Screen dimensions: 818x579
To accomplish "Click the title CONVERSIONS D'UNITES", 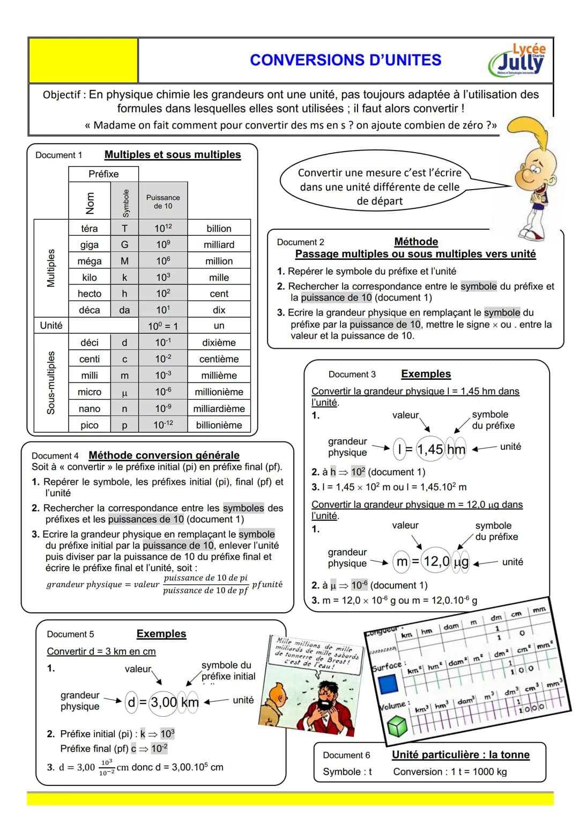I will coord(345,60).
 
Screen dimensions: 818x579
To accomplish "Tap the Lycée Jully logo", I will coord(518,61).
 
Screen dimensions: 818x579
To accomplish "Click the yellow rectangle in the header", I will coord(83,60).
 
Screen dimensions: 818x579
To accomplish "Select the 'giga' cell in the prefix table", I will coord(90,245).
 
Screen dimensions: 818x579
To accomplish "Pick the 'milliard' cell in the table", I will coord(219,245).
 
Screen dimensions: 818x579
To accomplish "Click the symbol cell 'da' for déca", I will coord(124,310).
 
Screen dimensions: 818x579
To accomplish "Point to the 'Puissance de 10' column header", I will coord(163,201).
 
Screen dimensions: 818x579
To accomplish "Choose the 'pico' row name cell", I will coord(90,425).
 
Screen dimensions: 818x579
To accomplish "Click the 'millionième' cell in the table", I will coord(219,392).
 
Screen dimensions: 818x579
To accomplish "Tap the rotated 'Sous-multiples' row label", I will coord(51,382).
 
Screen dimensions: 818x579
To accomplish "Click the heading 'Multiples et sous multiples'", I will coord(173,155).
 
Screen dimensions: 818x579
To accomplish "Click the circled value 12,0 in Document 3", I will coord(436,561).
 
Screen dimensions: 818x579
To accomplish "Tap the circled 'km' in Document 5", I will coord(190,702).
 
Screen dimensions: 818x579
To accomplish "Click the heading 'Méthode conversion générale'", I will coord(164,455).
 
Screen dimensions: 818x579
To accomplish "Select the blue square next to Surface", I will coord(388,684).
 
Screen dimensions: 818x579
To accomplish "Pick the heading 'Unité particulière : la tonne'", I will coord(461,755).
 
